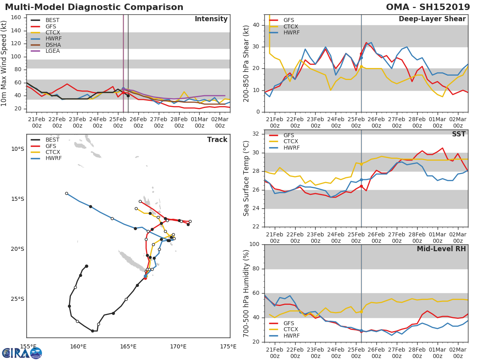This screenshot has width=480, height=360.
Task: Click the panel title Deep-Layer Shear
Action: (432, 19)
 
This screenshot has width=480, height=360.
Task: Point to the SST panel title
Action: (459, 134)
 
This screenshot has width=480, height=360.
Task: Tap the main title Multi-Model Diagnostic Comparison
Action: (94, 7)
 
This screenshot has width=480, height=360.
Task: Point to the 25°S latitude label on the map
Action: (17, 299)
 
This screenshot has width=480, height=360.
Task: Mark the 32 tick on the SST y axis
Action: (256, 134)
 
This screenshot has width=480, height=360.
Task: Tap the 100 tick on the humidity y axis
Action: (254, 244)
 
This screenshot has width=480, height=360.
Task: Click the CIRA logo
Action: (22, 353)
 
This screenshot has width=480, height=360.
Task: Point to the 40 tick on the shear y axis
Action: (256, 25)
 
